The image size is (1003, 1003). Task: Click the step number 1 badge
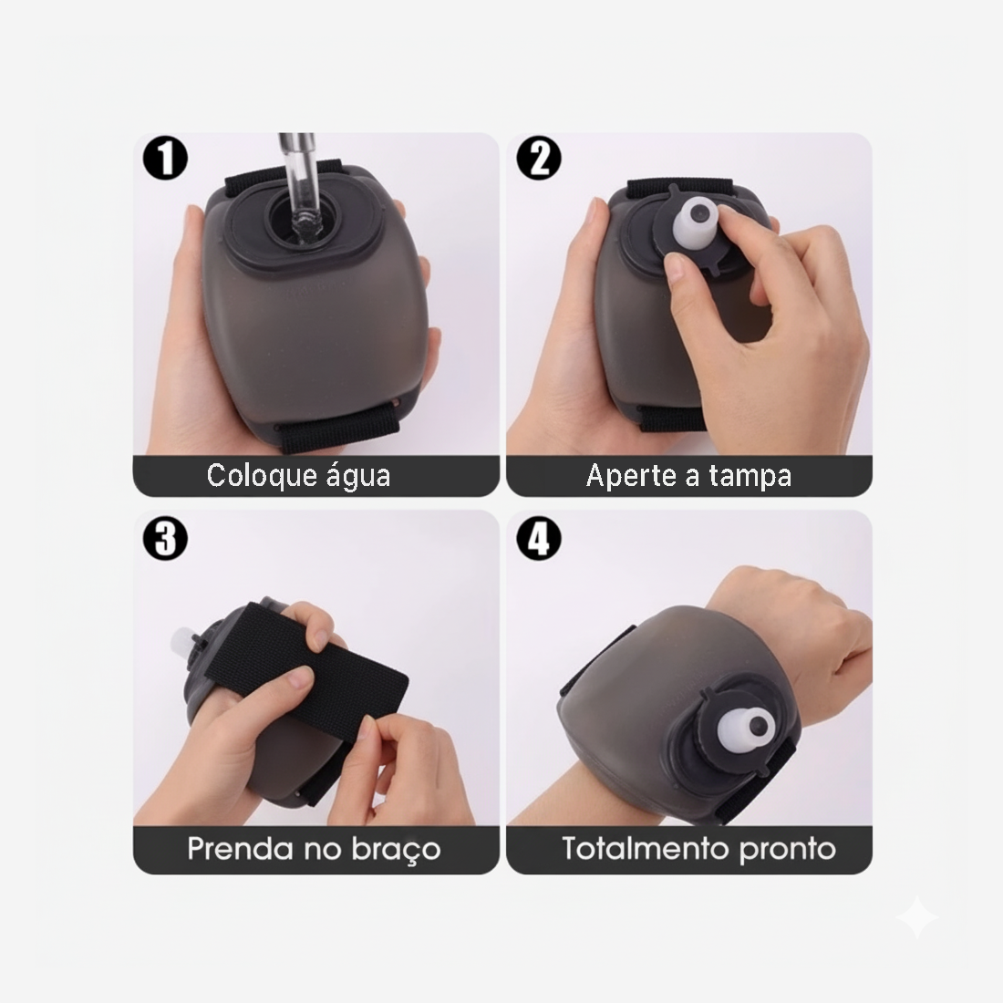(165, 159)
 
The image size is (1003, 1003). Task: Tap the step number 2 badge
(539, 159)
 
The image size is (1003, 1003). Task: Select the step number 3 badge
(165, 539)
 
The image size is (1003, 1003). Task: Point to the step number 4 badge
(539, 539)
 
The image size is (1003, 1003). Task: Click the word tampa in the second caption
(750, 476)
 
